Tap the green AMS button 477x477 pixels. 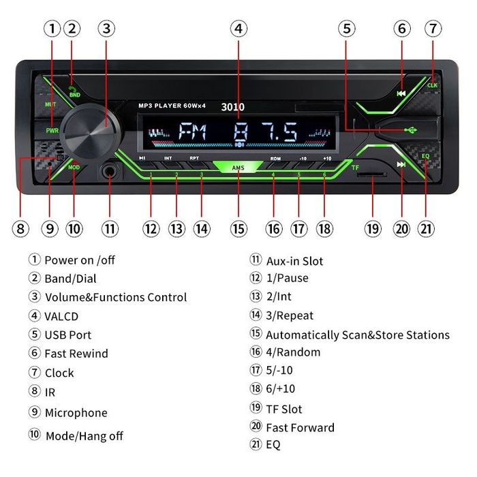[x=238, y=167]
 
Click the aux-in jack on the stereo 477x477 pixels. [x=109, y=171]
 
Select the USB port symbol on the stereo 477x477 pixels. [x=410, y=130]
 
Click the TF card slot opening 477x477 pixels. [x=373, y=175]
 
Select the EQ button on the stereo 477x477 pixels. [x=426, y=156]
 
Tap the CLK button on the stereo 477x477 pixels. [x=432, y=85]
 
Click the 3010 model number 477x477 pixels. [x=232, y=106]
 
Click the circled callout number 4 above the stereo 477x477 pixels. [x=238, y=29]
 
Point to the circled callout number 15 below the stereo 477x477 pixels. [x=238, y=229]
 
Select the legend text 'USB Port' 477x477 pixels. [x=68, y=335]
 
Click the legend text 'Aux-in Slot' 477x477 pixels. [x=294, y=261]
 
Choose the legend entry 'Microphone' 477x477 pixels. [x=76, y=413]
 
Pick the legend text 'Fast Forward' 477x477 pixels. [x=300, y=428]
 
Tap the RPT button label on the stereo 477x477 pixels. [x=194, y=157]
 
